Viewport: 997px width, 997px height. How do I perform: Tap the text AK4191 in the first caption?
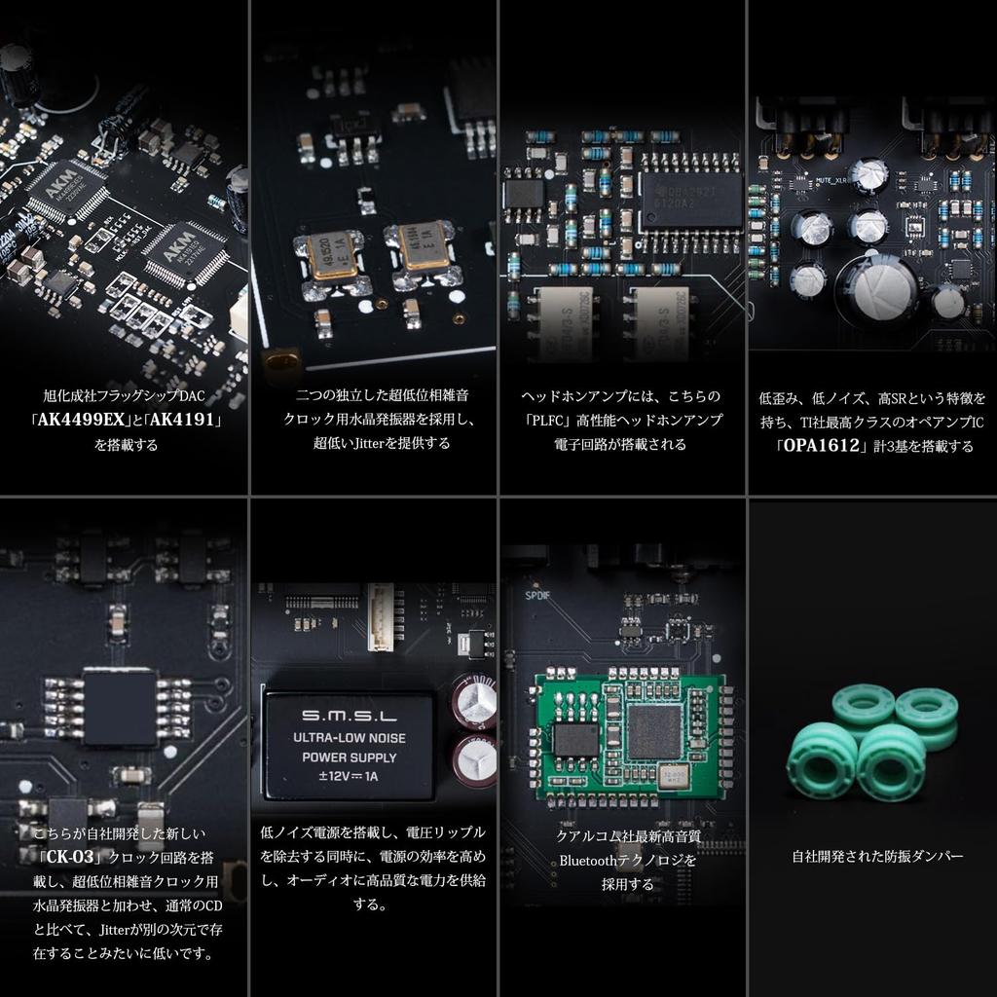pyautogui.click(x=185, y=421)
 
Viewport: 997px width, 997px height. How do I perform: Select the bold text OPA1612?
pyautogui.click(x=818, y=446)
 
